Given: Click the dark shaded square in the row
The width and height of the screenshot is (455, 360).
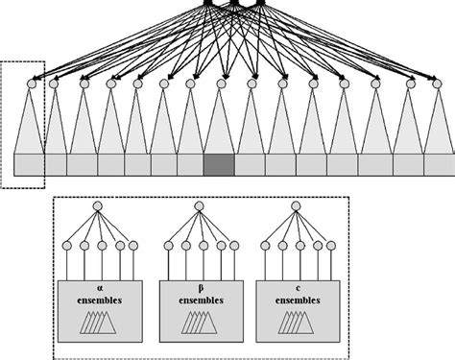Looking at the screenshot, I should [x=219, y=164].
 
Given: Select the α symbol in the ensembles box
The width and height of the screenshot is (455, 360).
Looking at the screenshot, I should [x=99, y=286].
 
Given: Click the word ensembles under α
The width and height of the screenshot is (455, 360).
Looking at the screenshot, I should [x=99, y=299].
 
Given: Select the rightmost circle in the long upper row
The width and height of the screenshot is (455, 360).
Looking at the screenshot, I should [x=438, y=84].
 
